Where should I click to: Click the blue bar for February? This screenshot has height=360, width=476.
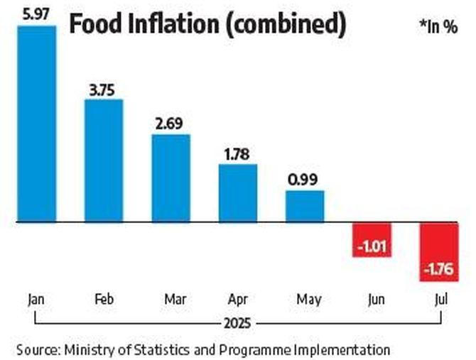pyautogui.click(x=104, y=160)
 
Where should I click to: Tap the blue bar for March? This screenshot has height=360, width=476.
pyautogui.click(x=171, y=178)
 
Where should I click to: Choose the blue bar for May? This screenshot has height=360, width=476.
pyautogui.click(x=305, y=206)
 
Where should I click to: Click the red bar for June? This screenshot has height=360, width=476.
pyautogui.click(x=372, y=239)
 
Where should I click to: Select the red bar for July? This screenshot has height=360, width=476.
pyautogui.click(x=438, y=252)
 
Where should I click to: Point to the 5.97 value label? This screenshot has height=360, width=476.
pyautogui.click(x=36, y=13)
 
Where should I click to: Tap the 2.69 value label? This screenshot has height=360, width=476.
pyautogui.click(x=171, y=123)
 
